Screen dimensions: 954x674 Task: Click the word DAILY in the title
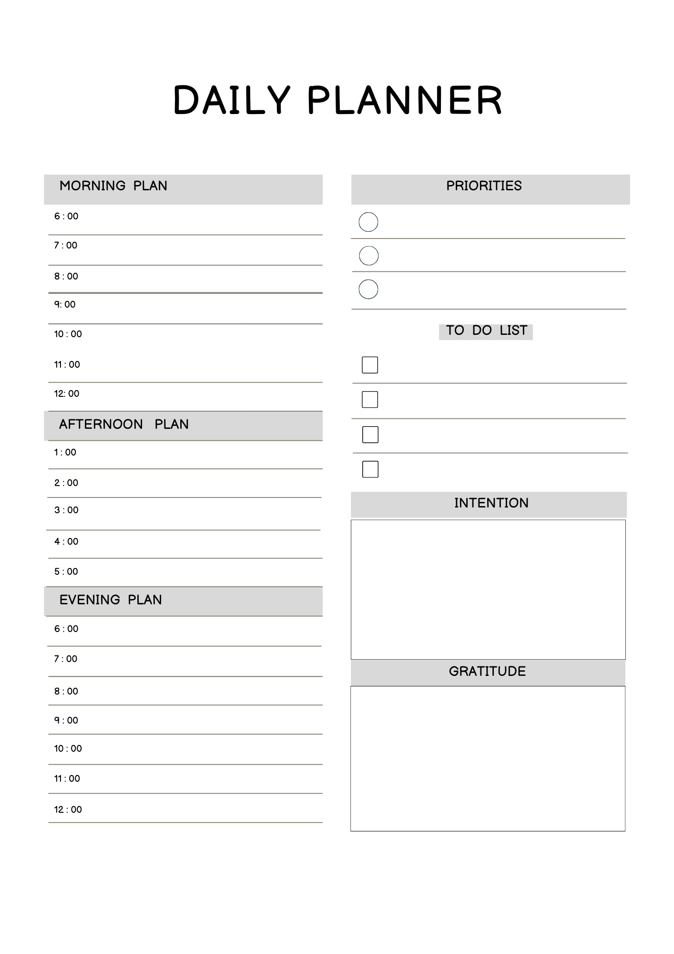pos(232,100)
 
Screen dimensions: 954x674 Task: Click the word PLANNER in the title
pos(405,100)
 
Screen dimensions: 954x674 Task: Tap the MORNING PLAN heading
pos(113,186)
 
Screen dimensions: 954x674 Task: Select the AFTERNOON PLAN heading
pos(123,424)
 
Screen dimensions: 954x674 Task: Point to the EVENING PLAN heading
pos(111,600)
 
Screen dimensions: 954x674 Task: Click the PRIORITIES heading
pos(484,186)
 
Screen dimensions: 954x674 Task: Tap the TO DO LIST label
pos(486,331)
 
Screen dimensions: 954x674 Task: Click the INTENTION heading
pos(491,503)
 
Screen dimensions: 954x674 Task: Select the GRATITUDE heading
pos(487,671)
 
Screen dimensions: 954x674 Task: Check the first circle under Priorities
pos(368,222)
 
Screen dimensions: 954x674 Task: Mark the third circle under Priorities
pos(368,289)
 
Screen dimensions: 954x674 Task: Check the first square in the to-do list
pos(370,365)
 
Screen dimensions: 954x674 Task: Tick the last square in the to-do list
pos(370,469)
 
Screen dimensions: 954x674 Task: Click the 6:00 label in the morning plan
pos(66,217)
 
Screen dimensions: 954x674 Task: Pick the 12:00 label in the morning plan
pos(67,394)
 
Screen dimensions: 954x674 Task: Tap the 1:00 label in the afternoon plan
pos(65,452)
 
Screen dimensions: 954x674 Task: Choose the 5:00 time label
pos(66,571)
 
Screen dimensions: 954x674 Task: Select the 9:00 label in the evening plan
pos(66,720)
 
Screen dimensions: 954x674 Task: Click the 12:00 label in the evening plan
pos(68,809)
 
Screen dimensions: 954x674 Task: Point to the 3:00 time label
pos(66,510)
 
